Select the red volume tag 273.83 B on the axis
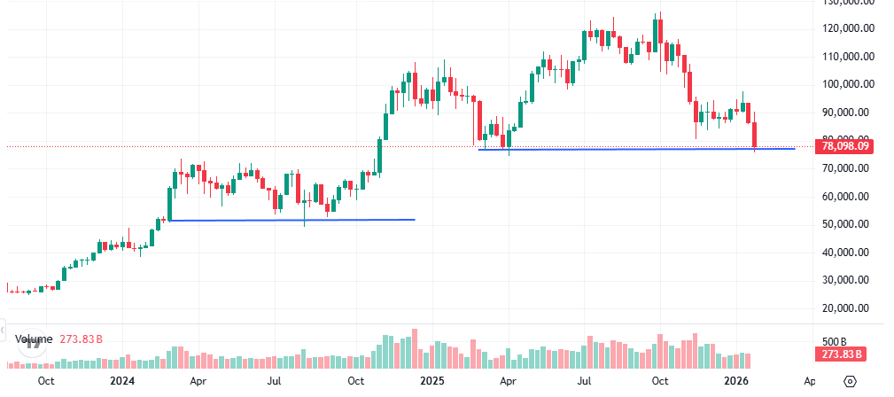pos(840,354)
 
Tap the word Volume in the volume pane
pos(33,339)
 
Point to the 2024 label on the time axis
pos(122,381)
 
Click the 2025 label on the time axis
pos(431,381)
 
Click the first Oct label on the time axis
pos(46,381)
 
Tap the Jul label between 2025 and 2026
pos(584,381)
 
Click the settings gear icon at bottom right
pos(850,381)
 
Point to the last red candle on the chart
pos(755,135)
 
